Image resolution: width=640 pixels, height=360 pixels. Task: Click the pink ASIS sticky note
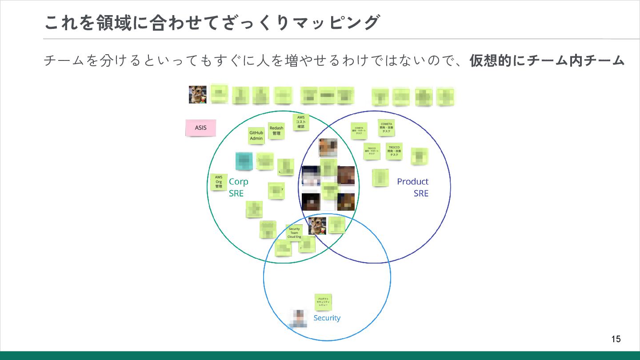(x=200, y=128)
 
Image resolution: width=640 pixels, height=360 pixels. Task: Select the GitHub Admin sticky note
(x=256, y=136)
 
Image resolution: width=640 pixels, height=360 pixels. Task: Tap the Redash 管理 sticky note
(x=276, y=131)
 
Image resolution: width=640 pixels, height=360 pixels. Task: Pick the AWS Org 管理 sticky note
(x=219, y=182)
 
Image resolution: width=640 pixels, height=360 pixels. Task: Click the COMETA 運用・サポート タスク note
(x=359, y=131)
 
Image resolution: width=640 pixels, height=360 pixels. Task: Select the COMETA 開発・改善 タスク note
(x=386, y=128)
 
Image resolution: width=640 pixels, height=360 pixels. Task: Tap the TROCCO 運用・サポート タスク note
(x=372, y=151)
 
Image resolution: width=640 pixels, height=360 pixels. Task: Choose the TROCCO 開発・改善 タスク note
(x=394, y=151)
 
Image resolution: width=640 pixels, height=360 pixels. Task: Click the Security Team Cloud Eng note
(x=294, y=233)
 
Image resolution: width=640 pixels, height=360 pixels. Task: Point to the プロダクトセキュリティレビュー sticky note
(x=323, y=302)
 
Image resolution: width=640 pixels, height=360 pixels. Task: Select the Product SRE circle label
(x=413, y=187)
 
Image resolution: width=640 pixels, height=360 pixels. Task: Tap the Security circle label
(x=327, y=318)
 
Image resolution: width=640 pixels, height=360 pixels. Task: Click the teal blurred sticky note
(x=244, y=161)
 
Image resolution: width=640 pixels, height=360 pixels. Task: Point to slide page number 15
(x=616, y=339)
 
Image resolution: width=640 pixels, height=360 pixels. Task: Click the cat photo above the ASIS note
(x=197, y=95)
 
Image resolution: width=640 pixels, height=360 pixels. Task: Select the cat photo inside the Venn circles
(x=317, y=226)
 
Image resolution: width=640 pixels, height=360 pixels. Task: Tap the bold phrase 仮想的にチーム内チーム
(x=547, y=60)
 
